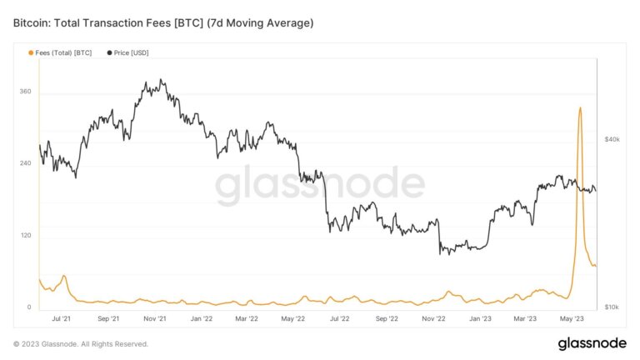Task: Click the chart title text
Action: (x=163, y=22)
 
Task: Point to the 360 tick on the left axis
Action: (x=25, y=92)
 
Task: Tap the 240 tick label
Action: (x=25, y=163)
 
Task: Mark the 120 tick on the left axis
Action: (x=25, y=236)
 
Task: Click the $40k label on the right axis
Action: (x=612, y=139)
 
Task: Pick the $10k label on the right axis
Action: (x=612, y=307)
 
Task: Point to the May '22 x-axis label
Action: (x=292, y=318)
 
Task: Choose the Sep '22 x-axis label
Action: (x=387, y=318)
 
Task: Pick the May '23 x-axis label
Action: (x=571, y=318)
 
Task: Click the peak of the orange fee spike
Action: (x=580, y=107)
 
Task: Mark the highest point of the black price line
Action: (x=161, y=80)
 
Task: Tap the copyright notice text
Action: (x=81, y=343)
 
